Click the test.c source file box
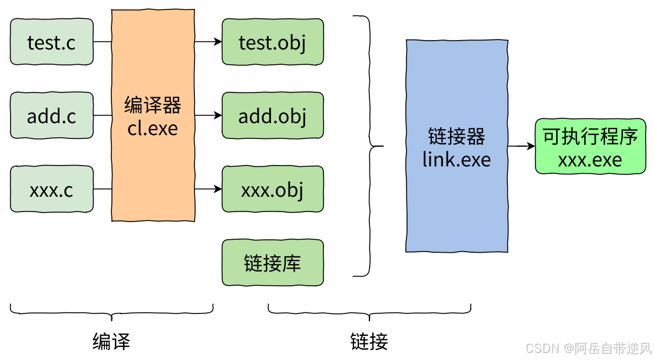(x=52, y=42)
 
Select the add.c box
(x=52, y=115)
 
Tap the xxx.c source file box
(x=52, y=189)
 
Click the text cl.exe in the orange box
(x=153, y=128)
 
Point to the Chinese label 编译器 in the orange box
(x=153, y=105)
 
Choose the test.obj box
(x=273, y=42)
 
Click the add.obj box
(x=273, y=115)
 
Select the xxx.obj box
(x=273, y=189)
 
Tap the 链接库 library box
(x=273, y=262)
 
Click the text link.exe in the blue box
(x=457, y=159)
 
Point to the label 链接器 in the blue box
(x=457, y=137)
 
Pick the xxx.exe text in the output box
(x=590, y=160)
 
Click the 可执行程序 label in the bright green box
(x=590, y=137)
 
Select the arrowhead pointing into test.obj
(x=218, y=42)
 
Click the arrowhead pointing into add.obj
(x=218, y=115)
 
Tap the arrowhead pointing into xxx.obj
(x=218, y=189)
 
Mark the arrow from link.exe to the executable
(x=521, y=146)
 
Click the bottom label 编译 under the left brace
(x=111, y=342)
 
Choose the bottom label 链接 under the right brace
(x=369, y=342)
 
